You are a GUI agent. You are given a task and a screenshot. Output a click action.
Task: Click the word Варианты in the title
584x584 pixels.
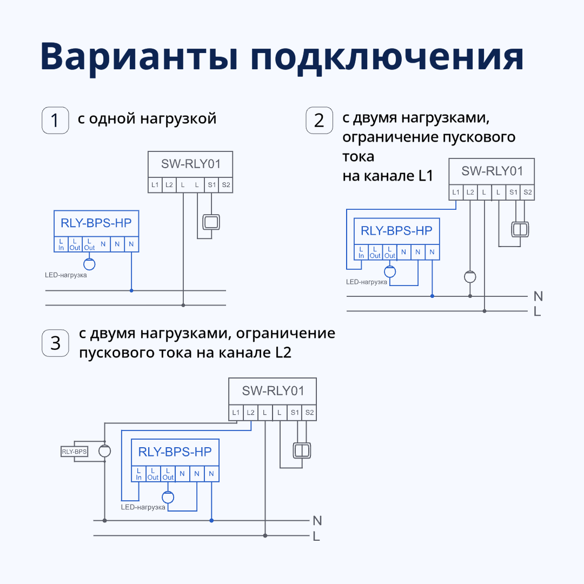(140, 56)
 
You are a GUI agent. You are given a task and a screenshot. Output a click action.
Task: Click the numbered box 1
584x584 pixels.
(55, 120)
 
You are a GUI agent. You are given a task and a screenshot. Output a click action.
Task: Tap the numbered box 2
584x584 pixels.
(319, 120)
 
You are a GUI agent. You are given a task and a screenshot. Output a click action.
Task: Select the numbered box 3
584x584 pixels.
(55, 343)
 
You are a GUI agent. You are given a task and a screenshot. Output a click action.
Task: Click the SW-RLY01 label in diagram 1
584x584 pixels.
(190, 164)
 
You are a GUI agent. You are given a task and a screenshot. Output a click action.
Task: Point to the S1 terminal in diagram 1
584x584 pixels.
(211, 185)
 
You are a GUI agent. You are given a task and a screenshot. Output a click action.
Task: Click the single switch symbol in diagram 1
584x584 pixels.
(211, 222)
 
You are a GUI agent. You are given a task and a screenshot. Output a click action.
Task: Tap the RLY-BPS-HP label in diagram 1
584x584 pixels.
(96, 222)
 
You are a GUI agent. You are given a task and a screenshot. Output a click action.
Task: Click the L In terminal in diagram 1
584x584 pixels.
(61, 244)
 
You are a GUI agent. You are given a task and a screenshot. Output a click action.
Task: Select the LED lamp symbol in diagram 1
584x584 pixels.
(89, 264)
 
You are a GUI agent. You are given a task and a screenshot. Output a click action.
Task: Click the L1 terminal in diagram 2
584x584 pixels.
(456, 193)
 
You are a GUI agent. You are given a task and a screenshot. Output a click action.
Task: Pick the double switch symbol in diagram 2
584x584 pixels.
(520, 229)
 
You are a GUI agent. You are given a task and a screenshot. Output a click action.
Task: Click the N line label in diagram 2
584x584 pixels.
(537, 296)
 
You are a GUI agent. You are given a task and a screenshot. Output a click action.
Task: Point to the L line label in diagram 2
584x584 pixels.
(537, 311)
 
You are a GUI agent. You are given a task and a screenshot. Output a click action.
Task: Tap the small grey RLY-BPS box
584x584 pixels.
(74, 452)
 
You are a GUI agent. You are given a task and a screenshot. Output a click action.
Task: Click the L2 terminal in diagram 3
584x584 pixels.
(250, 413)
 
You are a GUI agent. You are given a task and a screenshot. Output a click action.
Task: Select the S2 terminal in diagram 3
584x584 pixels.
(309, 413)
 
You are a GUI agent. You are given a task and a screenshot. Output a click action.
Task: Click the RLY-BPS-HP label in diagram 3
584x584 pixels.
(175, 452)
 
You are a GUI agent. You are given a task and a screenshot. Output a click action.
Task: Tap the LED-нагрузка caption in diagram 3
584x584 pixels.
(143, 507)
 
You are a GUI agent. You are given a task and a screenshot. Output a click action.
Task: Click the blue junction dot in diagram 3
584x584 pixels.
(211, 520)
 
